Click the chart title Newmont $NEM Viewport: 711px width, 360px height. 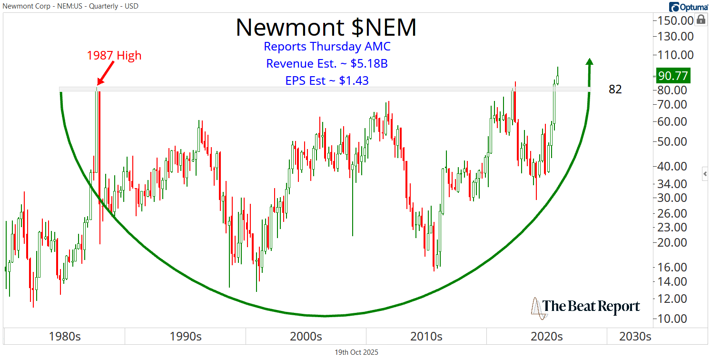pyautogui.click(x=326, y=27)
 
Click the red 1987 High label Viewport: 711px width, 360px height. pyautogui.click(x=114, y=55)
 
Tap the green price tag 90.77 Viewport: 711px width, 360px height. pyautogui.click(x=673, y=76)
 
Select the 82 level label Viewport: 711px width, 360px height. pyautogui.click(x=615, y=89)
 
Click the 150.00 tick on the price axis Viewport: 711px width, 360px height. pyautogui.click(x=675, y=20)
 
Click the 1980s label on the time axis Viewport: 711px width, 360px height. pyautogui.click(x=65, y=337)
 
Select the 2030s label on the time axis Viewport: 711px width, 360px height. pyautogui.click(x=635, y=337)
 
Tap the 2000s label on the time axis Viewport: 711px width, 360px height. pyautogui.click(x=306, y=337)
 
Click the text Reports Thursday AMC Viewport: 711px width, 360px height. pyautogui.click(x=327, y=47)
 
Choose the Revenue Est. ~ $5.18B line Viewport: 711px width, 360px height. pyautogui.click(x=327, y=64)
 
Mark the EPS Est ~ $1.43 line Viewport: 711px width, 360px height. pyautogui.click(x=327, y=80)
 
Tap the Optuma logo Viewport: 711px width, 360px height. pyautogui.click(x=688, y=7)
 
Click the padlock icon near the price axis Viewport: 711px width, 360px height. pyautogui.click(x=701, y=20)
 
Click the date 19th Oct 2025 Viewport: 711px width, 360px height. pyautogui.click(x=356, y=353)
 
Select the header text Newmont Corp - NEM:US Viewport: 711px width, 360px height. pyautogui.click(x=43, y=6)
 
